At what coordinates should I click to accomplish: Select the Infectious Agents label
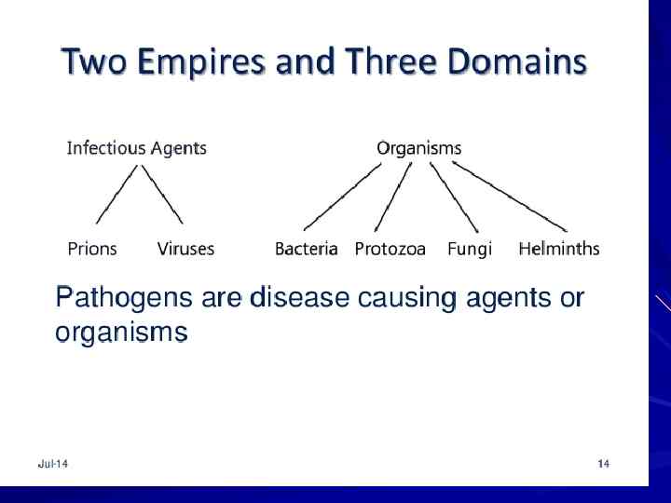point(137,147)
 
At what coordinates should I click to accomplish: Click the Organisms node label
point(418,147)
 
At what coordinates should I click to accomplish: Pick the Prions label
point(92,249)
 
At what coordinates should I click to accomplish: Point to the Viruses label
point(185,249)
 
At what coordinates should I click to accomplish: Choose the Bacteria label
point(306,249)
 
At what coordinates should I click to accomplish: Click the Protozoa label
point(390,249)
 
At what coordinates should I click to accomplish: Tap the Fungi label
point(469,249)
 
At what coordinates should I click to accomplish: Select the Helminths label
point(558,249)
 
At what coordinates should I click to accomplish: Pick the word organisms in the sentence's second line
point(121,333)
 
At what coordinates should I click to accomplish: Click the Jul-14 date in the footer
point(53,464)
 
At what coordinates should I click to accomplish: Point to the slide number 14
point(603,464)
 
